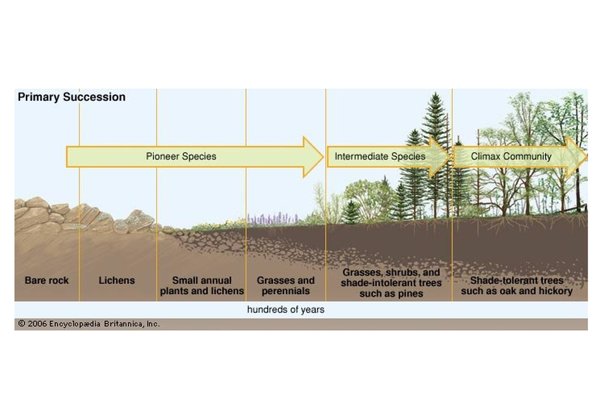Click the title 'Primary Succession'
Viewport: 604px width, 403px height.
coord(71,97)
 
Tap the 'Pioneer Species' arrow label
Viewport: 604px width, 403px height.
coord(181,156)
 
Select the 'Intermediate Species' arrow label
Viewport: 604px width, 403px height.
coord(380,156)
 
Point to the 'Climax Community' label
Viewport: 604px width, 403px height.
coord(511,157)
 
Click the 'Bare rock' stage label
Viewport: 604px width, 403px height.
coord(47,280)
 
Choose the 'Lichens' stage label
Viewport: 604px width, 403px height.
coord(117,280)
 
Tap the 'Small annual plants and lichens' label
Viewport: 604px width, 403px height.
coord(202,286)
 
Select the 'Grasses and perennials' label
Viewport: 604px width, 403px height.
coord(286,286)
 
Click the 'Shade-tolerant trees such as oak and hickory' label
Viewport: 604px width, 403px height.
coord(516,286)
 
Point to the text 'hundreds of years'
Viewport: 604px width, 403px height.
coord(286,310)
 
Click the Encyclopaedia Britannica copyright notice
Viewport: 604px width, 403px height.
coord(89,323)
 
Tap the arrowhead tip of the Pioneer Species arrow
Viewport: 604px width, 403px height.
coord(323,157)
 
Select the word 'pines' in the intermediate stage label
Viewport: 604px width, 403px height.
coord(410,294)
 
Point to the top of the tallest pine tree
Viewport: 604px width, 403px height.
coord(435,93)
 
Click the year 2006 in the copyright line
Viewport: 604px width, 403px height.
coord(37,323)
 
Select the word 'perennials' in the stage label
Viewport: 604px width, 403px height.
coord(286,291)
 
